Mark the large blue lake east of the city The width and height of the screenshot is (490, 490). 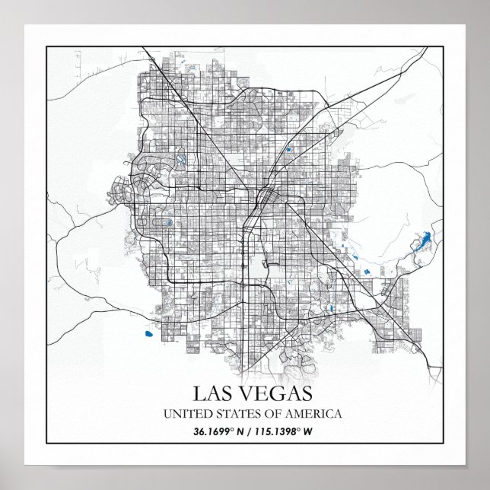point(420,244)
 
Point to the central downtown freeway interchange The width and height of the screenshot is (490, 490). point(263,199)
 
